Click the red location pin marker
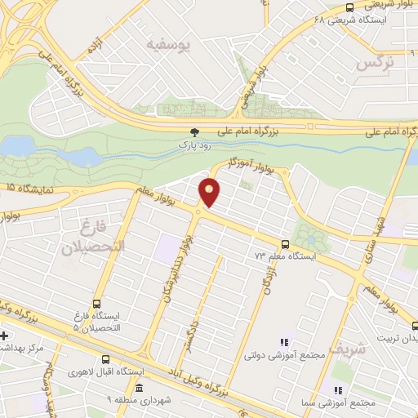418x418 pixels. [210, 192]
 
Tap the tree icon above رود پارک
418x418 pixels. [194, 132]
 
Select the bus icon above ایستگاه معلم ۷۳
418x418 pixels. [285, 243]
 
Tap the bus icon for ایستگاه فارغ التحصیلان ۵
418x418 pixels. [97, 304]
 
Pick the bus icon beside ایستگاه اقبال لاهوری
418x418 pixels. [106, 358]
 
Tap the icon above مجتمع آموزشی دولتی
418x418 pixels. [284, 342]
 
